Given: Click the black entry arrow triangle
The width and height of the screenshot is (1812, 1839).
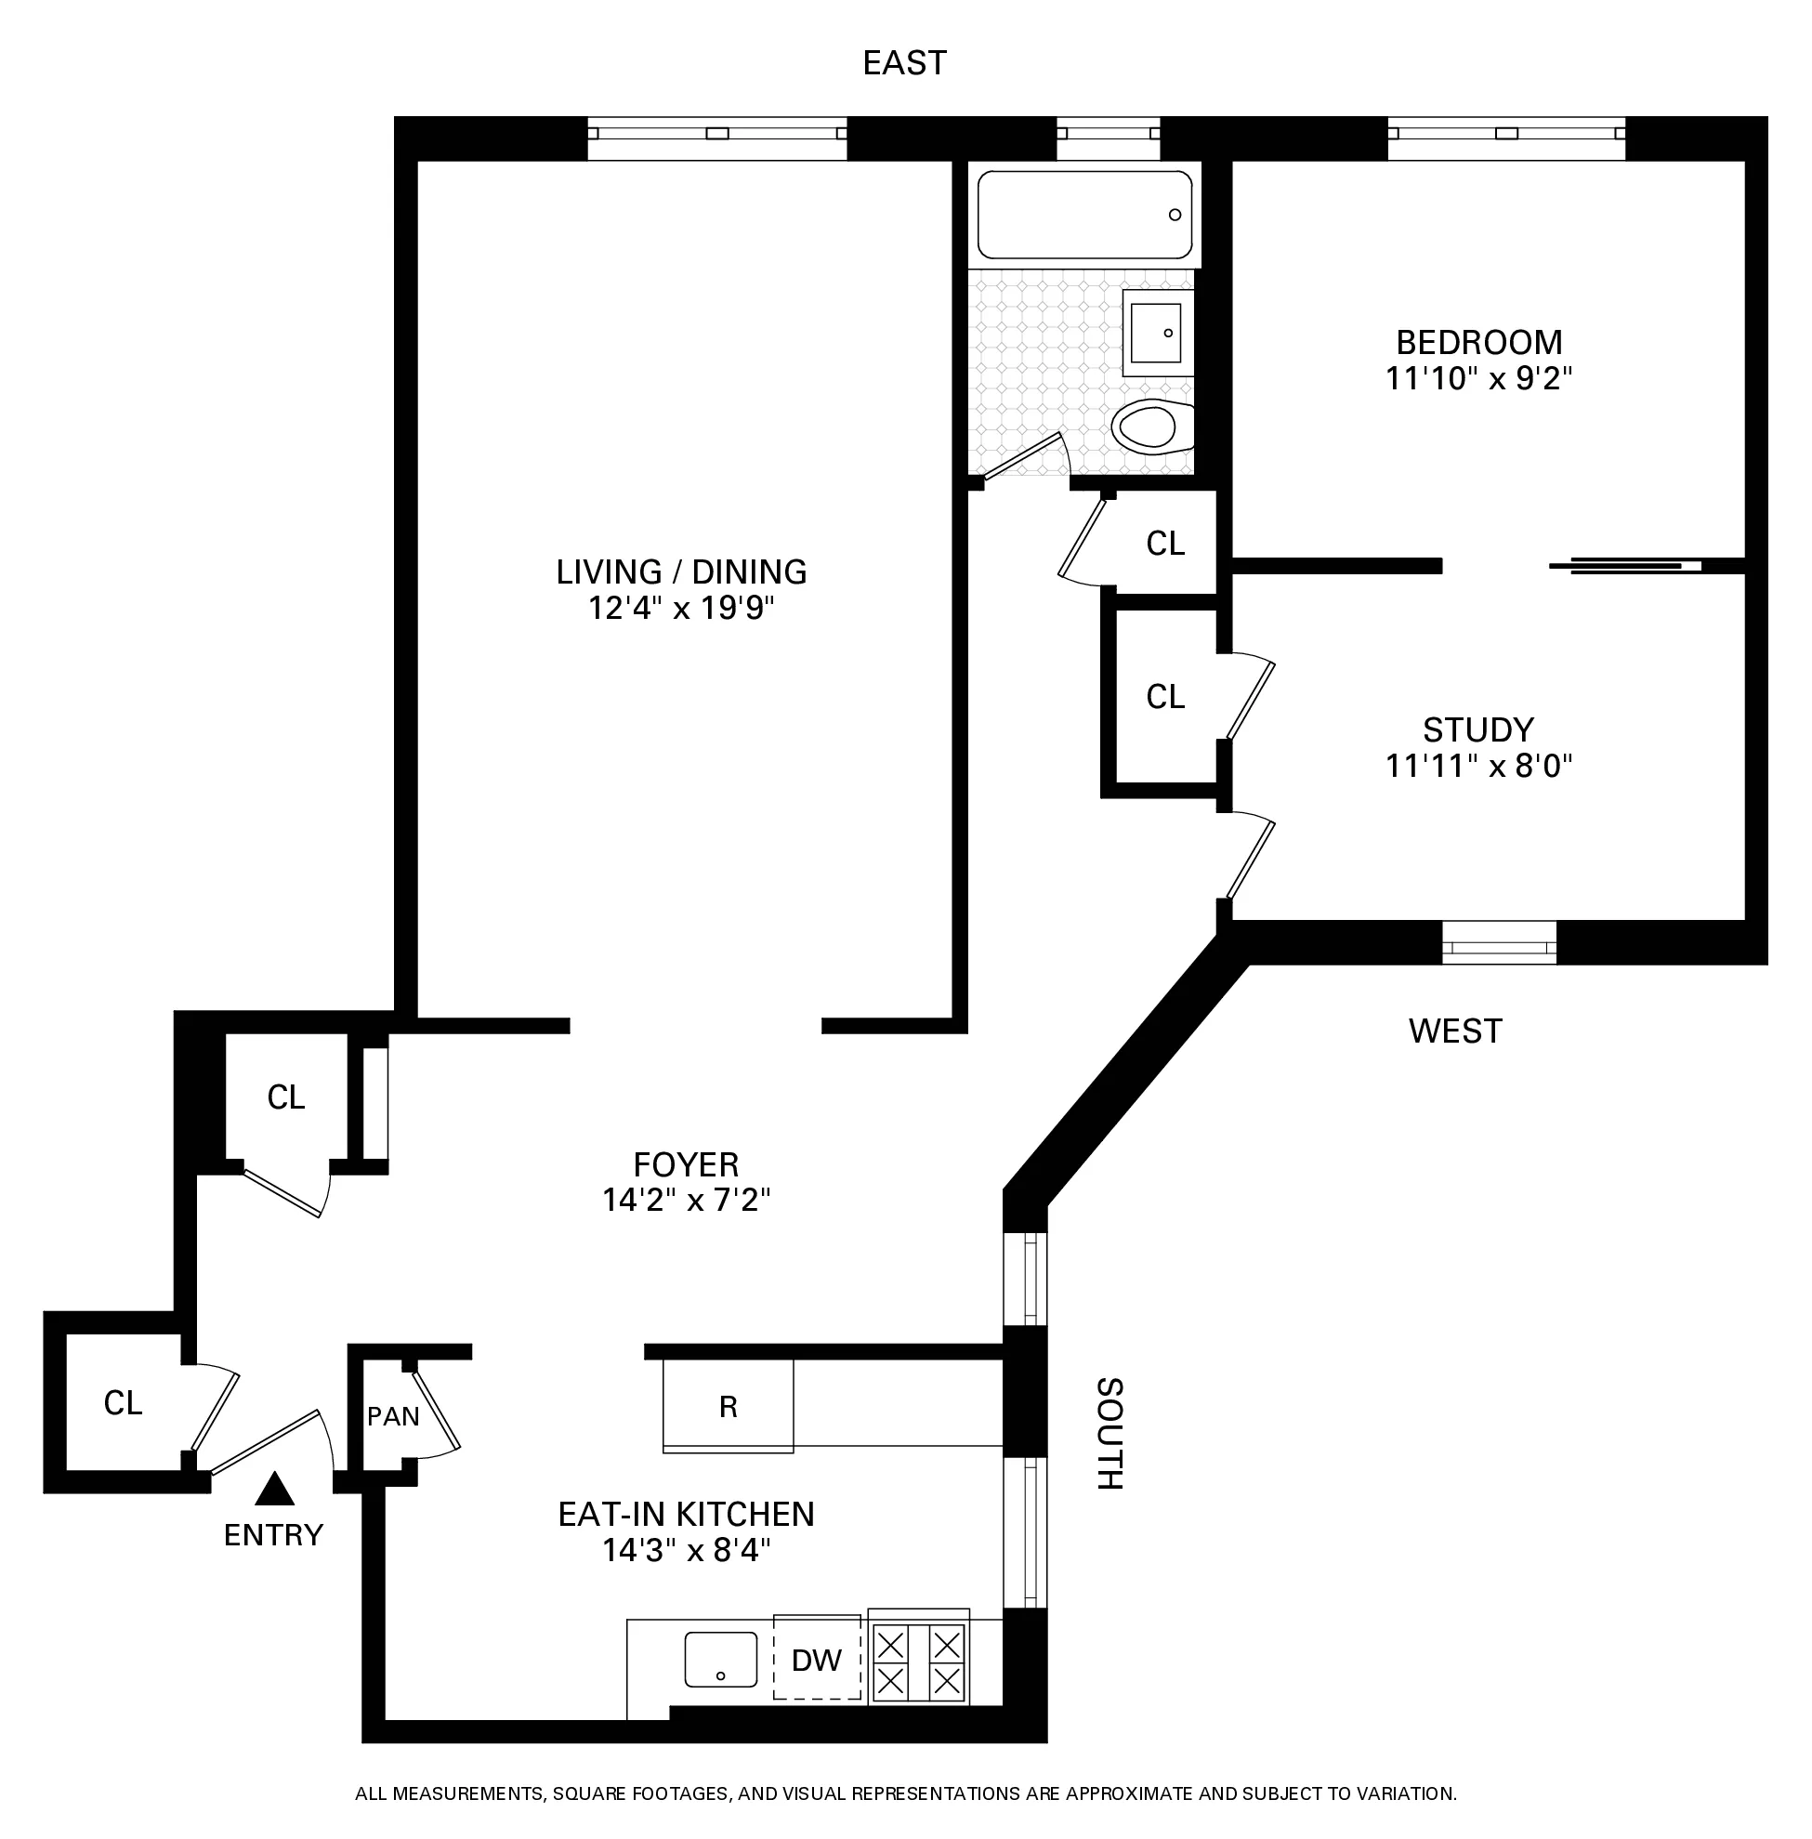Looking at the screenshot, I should (x=276, y=1490).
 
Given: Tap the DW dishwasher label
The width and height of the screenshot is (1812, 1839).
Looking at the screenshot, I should (x=817, y=1660).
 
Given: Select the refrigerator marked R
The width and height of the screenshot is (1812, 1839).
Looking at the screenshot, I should (x=728, y=1407).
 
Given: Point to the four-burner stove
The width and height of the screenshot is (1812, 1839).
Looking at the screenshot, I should (x=918, y=1661).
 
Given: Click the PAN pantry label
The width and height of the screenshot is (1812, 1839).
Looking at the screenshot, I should (x=393, y=1416).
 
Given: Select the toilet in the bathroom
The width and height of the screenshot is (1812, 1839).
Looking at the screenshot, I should (x=1152, y=427).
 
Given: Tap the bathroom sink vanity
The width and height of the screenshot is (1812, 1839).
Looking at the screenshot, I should (x=1157, y=334).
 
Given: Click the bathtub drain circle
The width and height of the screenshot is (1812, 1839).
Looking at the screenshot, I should (x=1175, y=215).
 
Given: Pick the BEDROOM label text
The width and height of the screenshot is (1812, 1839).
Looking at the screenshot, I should (x=1479, y=342).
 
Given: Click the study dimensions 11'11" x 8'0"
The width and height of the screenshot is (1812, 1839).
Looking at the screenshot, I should (x=1479, y=766).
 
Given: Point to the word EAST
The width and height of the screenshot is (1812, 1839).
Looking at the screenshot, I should (x=904, y=63).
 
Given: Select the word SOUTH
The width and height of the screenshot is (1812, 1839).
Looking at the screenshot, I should (x=1110, y=1433).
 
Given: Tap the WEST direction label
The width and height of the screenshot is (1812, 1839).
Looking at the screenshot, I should (x=1455, y=1031).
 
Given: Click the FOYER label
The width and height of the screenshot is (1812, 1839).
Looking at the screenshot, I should (x=685, y=1164).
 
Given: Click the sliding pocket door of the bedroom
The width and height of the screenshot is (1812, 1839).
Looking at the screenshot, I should (x=1625, y=565).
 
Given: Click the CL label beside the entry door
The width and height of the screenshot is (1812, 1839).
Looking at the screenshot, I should (x=123, y=1403).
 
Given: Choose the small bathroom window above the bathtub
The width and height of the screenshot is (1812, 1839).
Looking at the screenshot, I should (x=1108, y=139).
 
